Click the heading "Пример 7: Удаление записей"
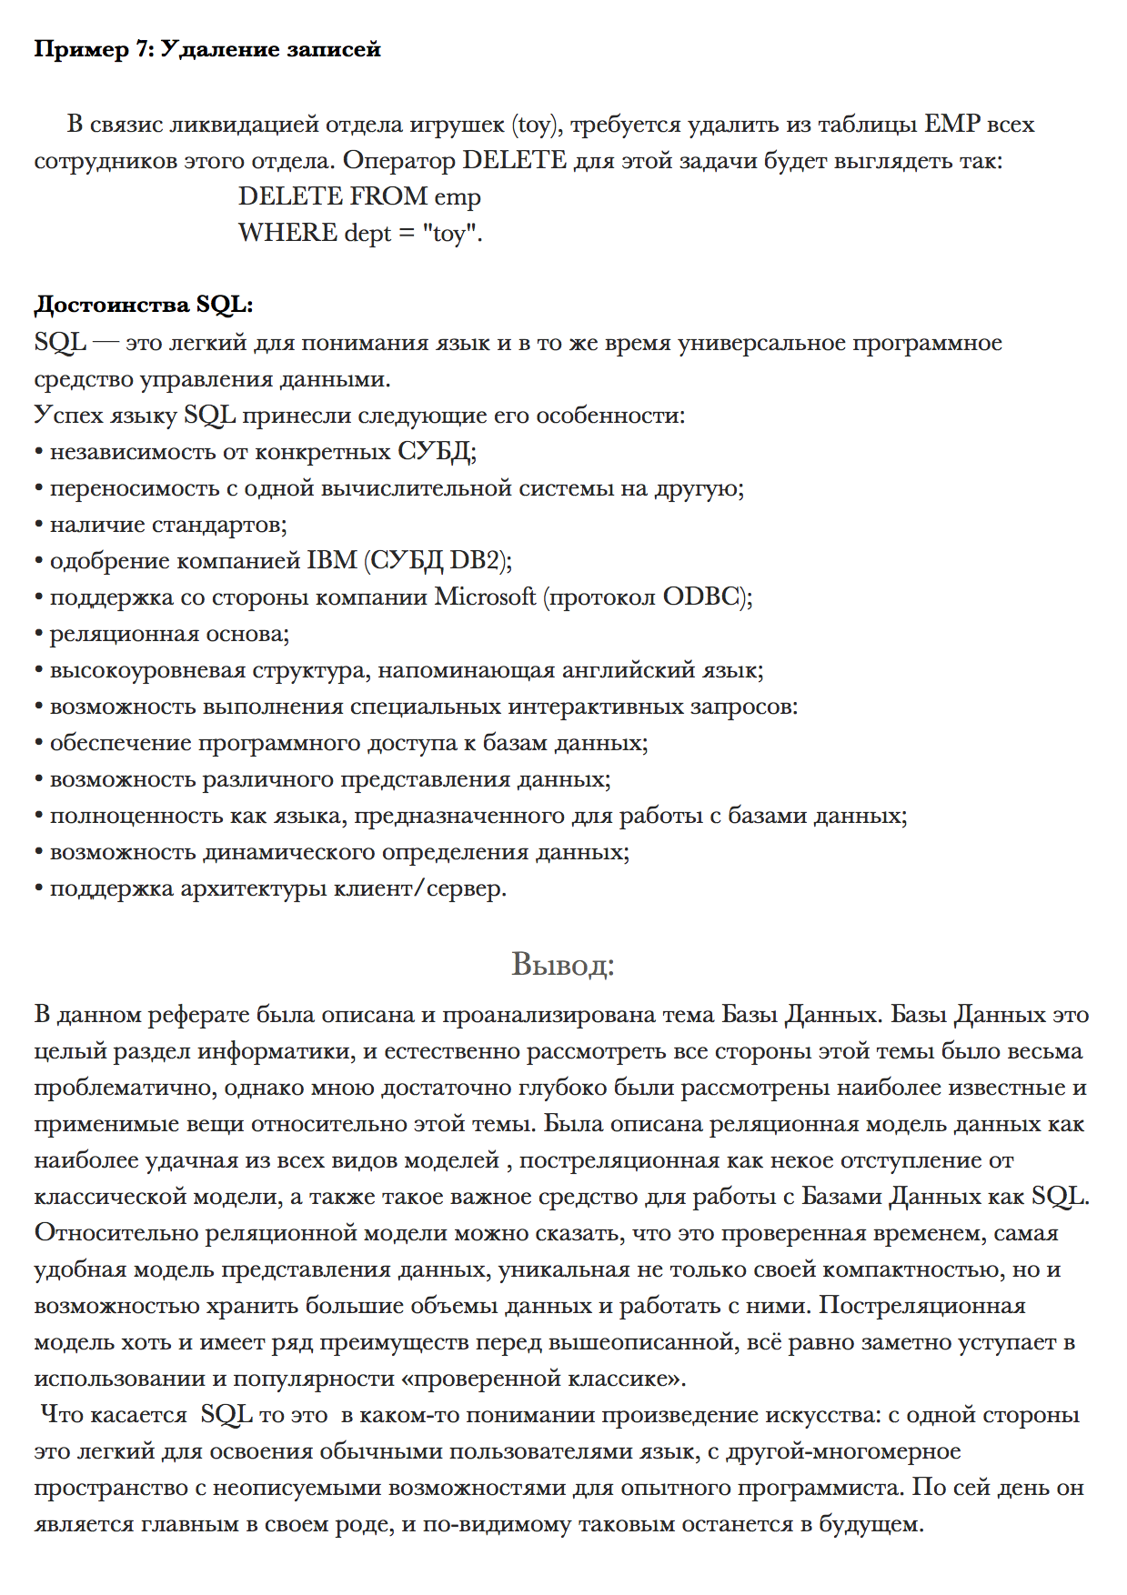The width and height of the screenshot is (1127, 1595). pos(207,50)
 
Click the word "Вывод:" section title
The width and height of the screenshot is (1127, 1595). pos(563,964)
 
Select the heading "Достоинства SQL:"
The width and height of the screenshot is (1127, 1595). pos(144,306)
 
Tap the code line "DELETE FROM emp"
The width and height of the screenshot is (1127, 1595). pos(359,197)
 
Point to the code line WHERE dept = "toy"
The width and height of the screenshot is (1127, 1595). pos(360,234)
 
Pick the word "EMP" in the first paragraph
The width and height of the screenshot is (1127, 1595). pos(952,125)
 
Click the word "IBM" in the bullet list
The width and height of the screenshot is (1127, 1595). pos(332,561)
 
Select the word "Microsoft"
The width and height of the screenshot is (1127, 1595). pos(485,597)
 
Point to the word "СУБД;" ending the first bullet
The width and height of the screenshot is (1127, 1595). pos(437,452)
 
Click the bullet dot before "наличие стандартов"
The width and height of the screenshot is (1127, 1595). pos(39,526)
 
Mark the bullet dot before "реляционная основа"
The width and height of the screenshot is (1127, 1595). pos(39,635)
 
